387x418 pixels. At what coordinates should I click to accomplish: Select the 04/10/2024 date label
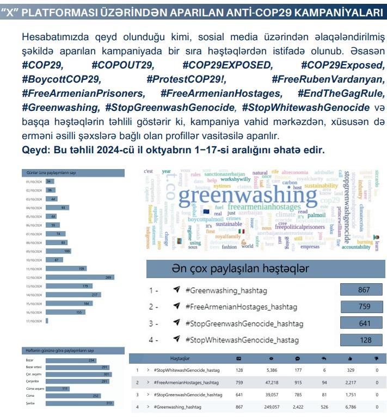[x=34, y=208]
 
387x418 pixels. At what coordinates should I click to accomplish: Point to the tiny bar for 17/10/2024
[x=47, y=321]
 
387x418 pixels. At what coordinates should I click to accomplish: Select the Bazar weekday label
[x=29, y=360]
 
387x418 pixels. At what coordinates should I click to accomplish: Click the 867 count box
[x=364, y=290]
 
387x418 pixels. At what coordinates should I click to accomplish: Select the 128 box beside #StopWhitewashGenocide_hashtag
[x=364, y=340]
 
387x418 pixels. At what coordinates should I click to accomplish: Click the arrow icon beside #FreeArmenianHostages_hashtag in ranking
[x=176, y=307]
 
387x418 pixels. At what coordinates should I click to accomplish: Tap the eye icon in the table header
[x=271, y=359]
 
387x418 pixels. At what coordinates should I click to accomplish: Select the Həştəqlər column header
[x=180, y=359]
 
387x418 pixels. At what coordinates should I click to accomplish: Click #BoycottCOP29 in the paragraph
[x=62, y=80]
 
